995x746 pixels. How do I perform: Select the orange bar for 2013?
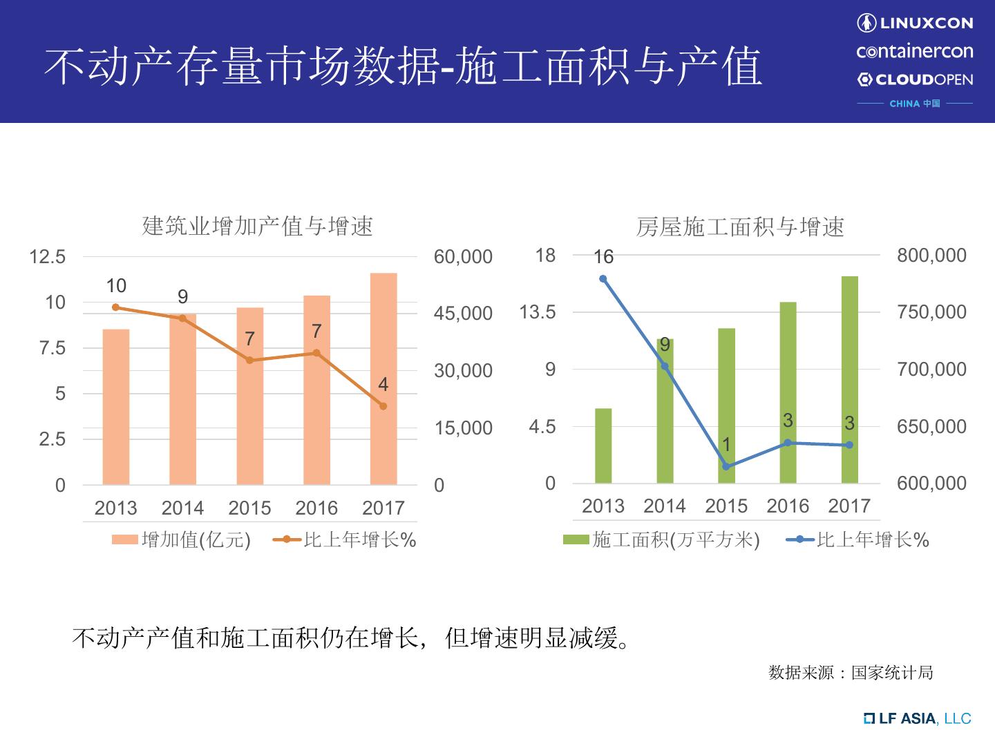tap(116, 407)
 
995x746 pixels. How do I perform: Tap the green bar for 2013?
tap(603, 446)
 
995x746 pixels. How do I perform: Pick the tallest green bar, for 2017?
tap(849, 379)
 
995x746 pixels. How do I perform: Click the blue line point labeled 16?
tap(603, 279)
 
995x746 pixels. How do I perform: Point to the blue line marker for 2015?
tap(726, 467)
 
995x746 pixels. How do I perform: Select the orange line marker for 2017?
tap(383, 406)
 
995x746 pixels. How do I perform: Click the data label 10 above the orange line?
tap(116, 286)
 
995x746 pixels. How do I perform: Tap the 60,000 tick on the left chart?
tap(463, 257)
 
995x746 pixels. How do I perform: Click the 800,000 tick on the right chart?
tap(931, 256)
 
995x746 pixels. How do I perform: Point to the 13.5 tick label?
tap(538, 312)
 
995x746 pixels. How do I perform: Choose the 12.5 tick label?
tap(48, 257)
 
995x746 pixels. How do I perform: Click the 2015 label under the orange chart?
tap(249, 508)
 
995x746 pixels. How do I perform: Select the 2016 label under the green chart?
tap(788, 506)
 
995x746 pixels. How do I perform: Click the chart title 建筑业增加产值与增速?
tap(257, 226)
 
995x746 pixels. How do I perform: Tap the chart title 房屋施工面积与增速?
tap(740, 227)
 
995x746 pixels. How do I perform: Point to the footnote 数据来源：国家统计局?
tap(851, 672)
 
